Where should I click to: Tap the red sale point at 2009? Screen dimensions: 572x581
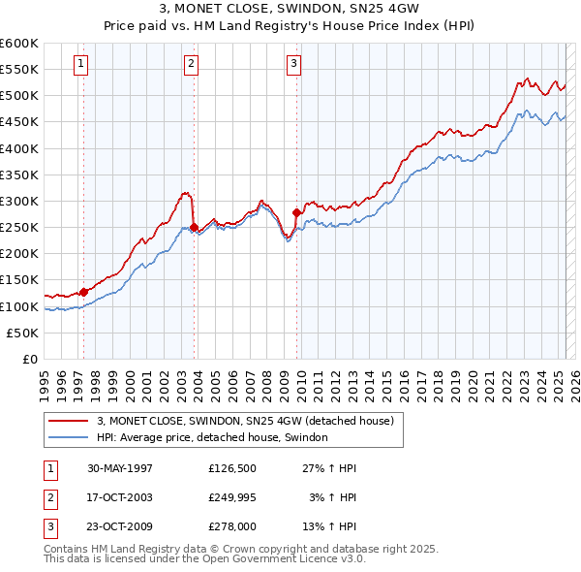tap(296, 211)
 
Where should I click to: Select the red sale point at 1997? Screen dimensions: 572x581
tap(83, 291)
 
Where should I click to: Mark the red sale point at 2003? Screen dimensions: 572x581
tap(194, 227)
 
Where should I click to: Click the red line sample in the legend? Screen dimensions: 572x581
tap(69, 422)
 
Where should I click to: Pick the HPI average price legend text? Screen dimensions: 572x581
tap(212, 437)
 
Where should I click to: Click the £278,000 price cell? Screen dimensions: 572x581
tap(231, 526)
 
